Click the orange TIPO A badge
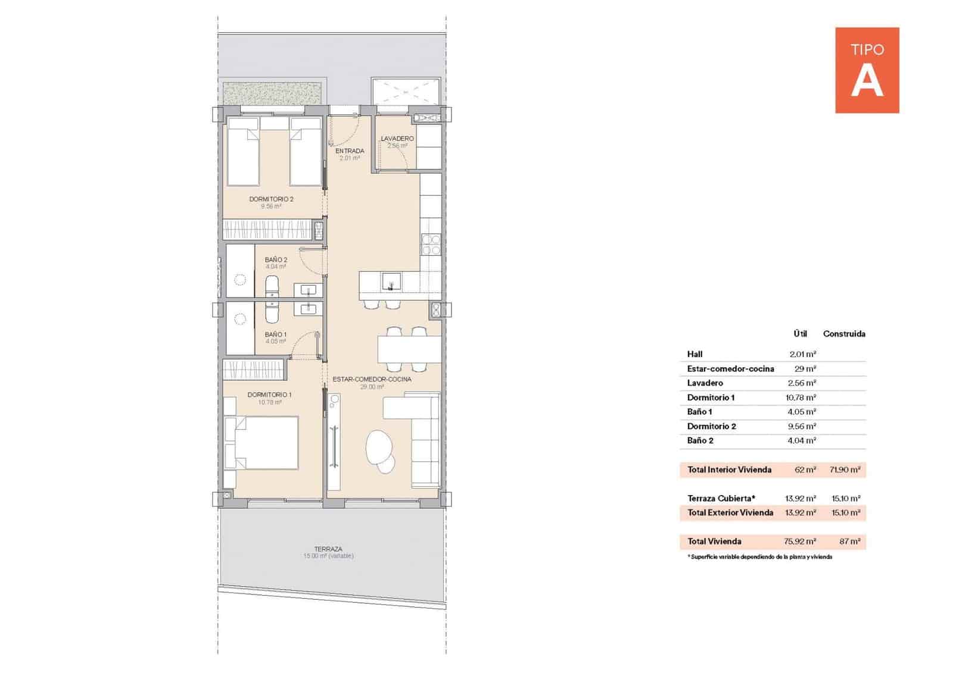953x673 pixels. (x=867, y=70)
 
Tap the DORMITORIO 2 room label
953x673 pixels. (x=271, y=199)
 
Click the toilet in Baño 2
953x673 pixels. (x=272, y=286)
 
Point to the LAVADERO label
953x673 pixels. (x=397, y=139)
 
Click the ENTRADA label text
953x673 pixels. (x=350, y=151)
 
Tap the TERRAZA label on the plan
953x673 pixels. (x=328, y=549)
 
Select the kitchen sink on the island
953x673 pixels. (x=391, y=279)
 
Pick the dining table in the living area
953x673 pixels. (x=409, y=349)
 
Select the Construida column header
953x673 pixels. (x=844, y=334)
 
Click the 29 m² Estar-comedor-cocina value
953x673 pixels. (x=805, y=369)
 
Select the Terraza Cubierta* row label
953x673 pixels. (x=721, y=498)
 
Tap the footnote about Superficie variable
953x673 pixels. (x=759, y=557)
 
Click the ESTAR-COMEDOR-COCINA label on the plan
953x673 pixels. (x=372, y=379)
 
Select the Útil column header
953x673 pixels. (x=800, y=334)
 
